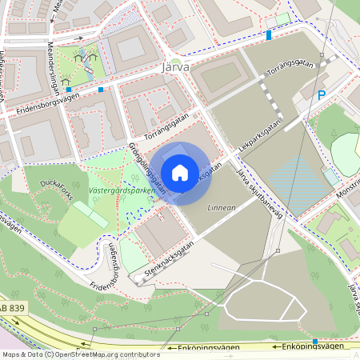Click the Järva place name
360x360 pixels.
tap(175, 67)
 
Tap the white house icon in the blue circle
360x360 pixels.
tap(180, 172)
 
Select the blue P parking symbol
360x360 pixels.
tap(322, 95)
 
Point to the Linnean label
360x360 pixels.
tap(222, 208)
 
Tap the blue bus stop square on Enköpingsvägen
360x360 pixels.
tap(315, 342)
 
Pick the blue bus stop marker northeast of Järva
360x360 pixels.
tap(269, 34)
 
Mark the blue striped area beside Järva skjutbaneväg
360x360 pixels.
tap(298, 184)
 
